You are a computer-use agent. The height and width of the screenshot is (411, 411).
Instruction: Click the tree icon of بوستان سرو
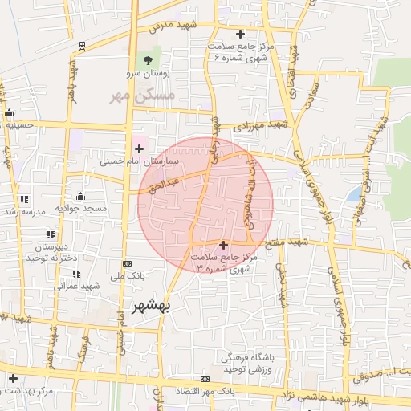pyautogui.click(x=147, y=59)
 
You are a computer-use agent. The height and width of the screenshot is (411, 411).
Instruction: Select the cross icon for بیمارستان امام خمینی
pyautogui.click(x=139, y=149)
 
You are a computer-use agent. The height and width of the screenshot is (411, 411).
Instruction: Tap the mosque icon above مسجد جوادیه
pyautogui.click(x=80, y=196)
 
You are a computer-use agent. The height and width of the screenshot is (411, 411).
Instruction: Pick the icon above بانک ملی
pyautogui.click(x=127, y=263)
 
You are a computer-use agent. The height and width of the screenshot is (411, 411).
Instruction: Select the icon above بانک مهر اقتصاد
pyautogui.click(x=205, y=379)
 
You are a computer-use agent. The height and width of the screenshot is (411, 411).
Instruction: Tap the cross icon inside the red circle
pyautogui.click(x=223, y=244)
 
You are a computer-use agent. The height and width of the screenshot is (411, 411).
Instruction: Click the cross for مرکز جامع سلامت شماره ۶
pyautogui.click(x=240, y=34)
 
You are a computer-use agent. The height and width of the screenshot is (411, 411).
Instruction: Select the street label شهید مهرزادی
pyautogui.click(x=259, y=126)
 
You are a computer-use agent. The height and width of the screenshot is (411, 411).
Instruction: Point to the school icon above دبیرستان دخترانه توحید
pyautogui.click(x=51, y=234)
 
